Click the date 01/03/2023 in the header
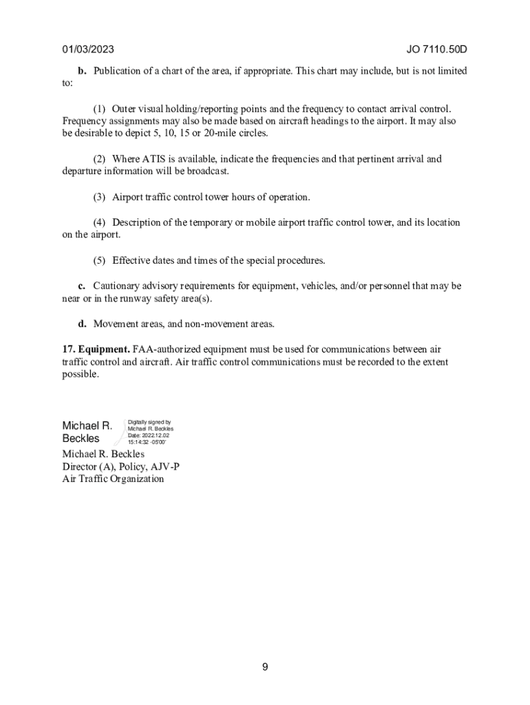coord(88,50)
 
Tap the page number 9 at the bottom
coord(265,667)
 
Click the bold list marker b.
coord(82,71)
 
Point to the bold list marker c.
coord(81,286)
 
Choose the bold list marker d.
coord(82,324)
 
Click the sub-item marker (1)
coord(100,109)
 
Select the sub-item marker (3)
coord(100,198)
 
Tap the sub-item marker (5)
coord(100,261)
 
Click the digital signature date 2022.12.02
coord(158,436)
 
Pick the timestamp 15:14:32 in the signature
coord(140,443)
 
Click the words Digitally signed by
coord(149,422)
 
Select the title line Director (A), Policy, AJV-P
coord(121,467)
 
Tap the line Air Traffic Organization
coord(113,479)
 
